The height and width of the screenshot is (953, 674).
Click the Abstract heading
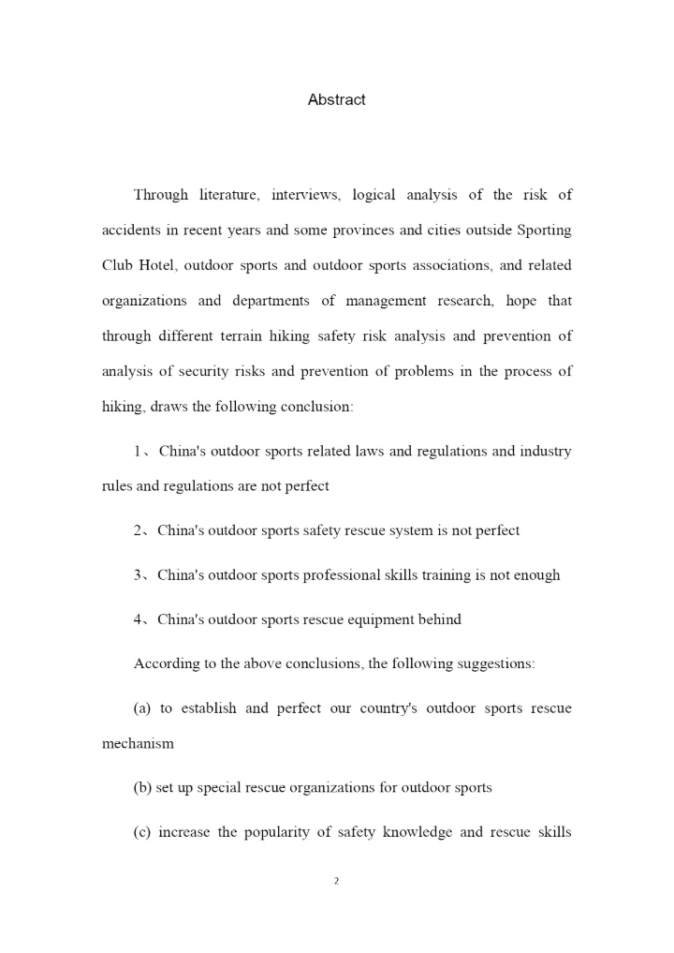(x=336, y=99)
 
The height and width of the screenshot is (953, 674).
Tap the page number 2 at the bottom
(x=336, y=881)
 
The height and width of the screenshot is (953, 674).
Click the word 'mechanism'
(x=138, y=743)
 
